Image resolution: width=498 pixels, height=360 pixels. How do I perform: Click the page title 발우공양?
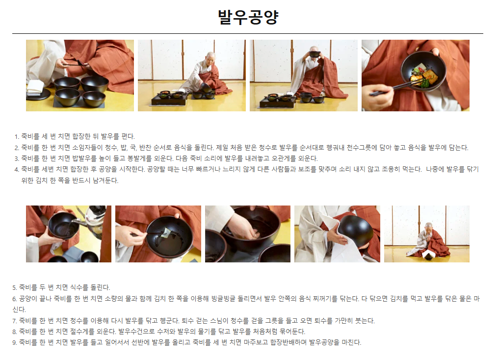[x=248, y=17]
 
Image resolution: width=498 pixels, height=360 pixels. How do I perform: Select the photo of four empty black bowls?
[x=79, y=76]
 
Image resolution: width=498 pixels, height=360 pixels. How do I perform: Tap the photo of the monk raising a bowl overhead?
[x=303, y=76]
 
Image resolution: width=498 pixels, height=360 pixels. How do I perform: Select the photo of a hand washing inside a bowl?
[x=247, y=233]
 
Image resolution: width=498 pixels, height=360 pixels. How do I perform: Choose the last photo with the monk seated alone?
[x=426, y=233]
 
